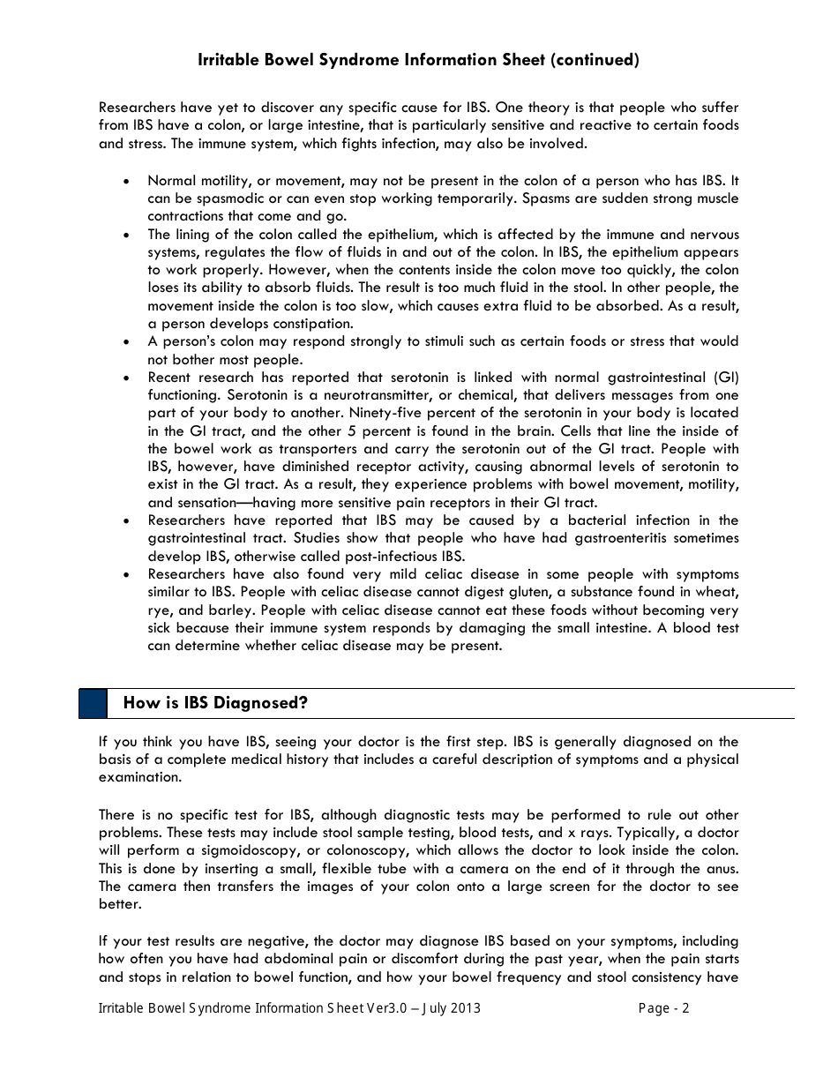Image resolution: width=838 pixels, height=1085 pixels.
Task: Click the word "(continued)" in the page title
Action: click(x=595, y=60)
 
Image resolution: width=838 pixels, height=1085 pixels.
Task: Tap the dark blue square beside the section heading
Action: click(x=93, y=703)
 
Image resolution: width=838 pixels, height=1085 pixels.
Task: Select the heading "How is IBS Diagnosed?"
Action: click(x=215, y=703)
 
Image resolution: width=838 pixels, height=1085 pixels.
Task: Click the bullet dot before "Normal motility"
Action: click(x=128, y=181)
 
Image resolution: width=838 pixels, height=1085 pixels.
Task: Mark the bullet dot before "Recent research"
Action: click(x=128, y=378)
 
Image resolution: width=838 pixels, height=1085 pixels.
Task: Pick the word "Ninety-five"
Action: click(x=385, y=413)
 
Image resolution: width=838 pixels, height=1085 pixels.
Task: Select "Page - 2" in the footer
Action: click(x=663, y=1008)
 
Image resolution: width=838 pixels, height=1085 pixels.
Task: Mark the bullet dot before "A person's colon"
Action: click(x=128, y=341)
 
